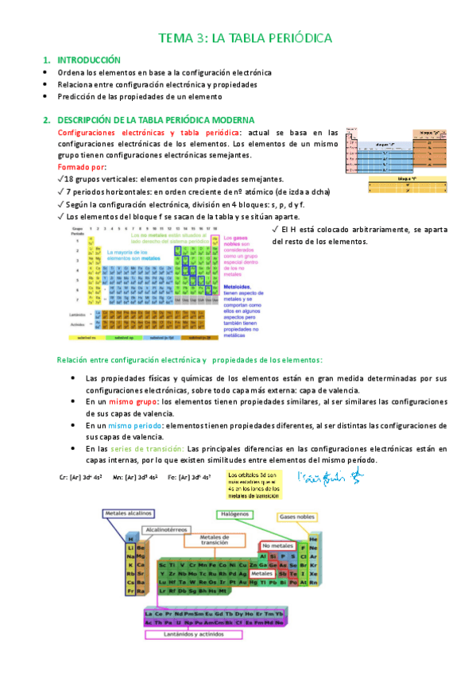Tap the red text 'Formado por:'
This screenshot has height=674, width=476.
[82, 168]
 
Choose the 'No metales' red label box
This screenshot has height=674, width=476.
[277, 547]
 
